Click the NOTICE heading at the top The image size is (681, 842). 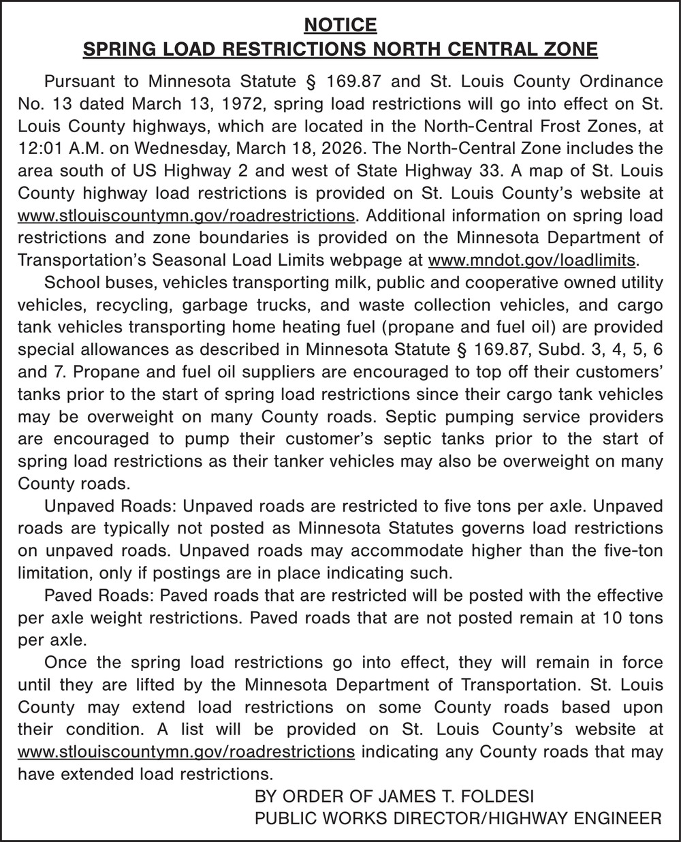point(340,25)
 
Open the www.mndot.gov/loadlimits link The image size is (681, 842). point(533,260)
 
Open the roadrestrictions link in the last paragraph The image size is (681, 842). point(186,751)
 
